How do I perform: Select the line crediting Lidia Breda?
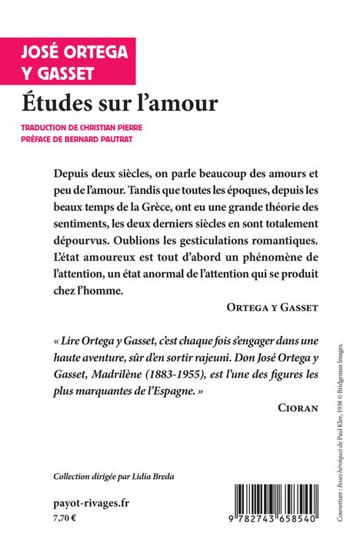pos(114,476)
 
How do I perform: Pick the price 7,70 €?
pos(65,519)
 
